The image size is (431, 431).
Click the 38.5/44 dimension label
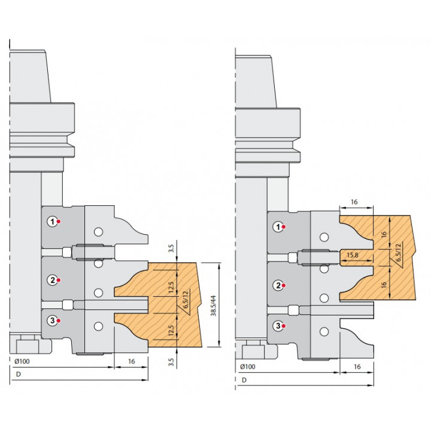tap(213, 306)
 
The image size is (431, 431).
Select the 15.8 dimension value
tap(353, 255)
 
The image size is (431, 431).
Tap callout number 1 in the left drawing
tap(52, 221)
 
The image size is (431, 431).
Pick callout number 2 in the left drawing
tap(52, 280)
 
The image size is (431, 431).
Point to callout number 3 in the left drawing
tap(52, 320)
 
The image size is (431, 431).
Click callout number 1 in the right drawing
tap(278, 227)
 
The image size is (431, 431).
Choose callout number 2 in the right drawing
tap(278, 286)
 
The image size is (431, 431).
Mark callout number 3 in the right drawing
tap(278, 326)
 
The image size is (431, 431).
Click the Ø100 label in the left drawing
tap(22, 361)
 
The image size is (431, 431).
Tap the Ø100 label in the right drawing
tap(248, 367)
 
